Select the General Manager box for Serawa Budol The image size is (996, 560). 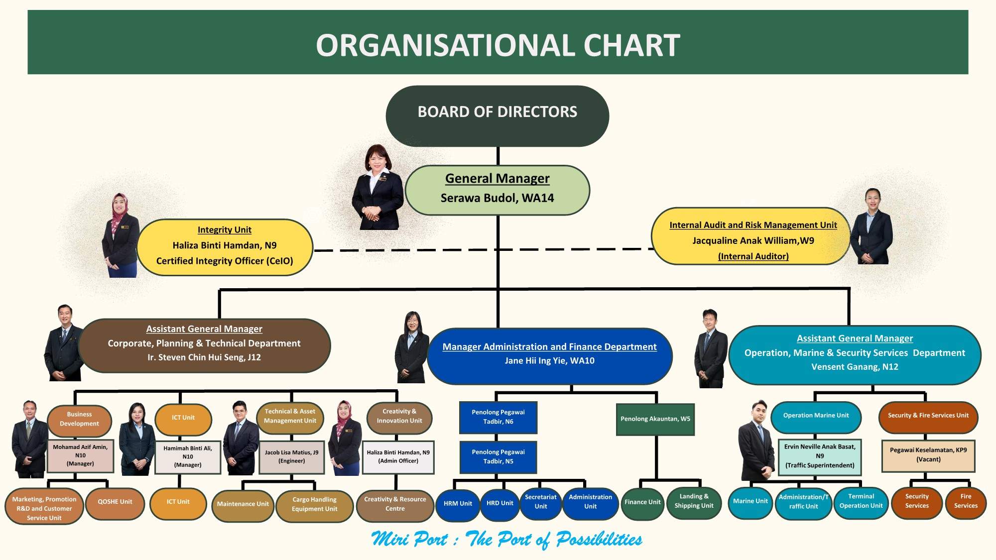click(x=497, y=190)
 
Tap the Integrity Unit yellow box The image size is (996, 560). click(x=225, y=247)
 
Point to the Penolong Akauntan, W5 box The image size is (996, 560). click(x=655, y=419)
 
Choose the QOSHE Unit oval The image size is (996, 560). click(x=115, y=503)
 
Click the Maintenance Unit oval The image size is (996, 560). click(x=243, y=505)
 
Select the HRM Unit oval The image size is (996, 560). click(x=458, y=504)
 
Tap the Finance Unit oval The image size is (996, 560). click(x=642, y=503)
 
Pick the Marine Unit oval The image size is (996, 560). click(x=750, y=502)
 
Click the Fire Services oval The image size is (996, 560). click(x=965, y=502)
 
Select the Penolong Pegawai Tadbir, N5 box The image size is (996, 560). click(x=498, y=457)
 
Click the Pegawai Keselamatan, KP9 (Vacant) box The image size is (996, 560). click(x=928, y=455)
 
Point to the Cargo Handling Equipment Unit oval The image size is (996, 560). click(x=314, y=505)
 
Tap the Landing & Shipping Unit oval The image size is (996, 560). click(x=694, y=502)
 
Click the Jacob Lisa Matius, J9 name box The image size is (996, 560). click(x=291, y=457)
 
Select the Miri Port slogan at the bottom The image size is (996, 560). click(x=506, y=539)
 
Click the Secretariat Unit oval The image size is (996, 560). click(x=540, y=502)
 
